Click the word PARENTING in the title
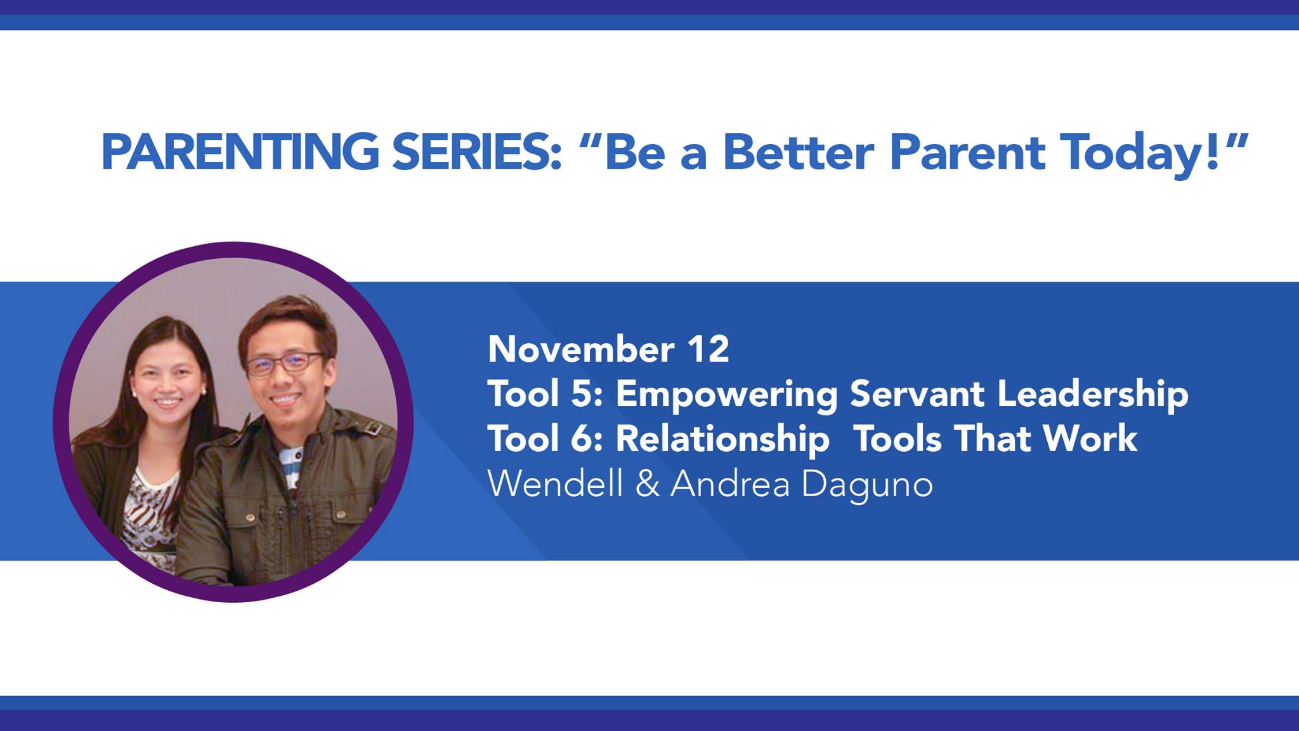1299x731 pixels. click(x=240, y=152)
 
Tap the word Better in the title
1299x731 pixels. click(x=799, y=152)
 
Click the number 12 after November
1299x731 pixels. click(x=708, y=349)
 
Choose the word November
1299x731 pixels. click(x=581, y=349)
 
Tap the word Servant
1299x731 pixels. click(x=917, y=393)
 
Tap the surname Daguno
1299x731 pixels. click(x=867, y=486)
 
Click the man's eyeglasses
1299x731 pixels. click(x=285, y=362)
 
